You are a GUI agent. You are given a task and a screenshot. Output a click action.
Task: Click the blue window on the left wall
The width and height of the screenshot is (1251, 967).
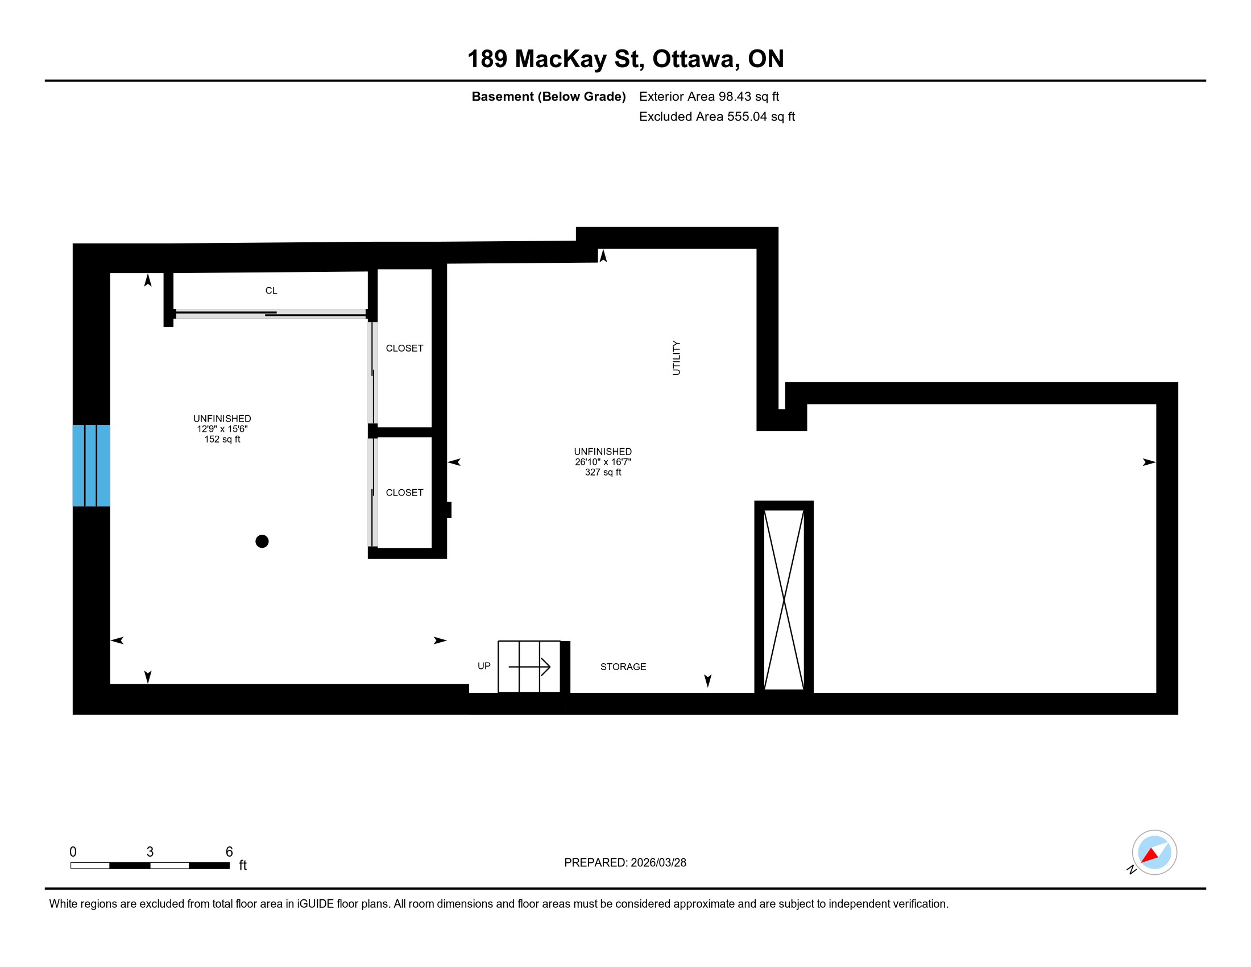(91, 465)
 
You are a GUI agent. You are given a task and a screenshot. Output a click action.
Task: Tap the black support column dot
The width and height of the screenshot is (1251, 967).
(262, 541)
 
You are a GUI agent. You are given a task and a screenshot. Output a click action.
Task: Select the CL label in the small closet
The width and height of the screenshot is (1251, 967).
(271, 291)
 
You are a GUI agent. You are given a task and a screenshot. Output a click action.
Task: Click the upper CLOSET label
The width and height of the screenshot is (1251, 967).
(404, 348)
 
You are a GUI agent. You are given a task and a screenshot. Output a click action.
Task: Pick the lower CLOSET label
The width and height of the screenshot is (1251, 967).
(404, 493)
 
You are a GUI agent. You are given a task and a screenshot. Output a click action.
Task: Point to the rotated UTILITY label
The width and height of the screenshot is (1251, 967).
(677, 358)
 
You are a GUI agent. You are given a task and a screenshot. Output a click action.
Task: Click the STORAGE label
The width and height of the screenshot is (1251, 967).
(623, 667)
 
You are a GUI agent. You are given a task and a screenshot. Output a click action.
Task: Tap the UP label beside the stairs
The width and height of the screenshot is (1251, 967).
(484, 666)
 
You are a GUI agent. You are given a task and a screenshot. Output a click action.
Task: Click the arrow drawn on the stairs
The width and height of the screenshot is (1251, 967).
(529, 667)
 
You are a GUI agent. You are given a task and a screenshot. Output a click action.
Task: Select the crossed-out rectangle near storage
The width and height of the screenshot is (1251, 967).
(784, 599)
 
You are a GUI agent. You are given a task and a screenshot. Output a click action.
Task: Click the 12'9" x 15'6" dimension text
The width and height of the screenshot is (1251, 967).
(222, 428)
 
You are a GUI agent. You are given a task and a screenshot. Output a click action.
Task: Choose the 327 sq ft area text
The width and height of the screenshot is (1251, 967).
(603, 472)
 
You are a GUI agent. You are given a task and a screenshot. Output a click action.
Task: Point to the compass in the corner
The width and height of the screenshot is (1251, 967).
(1154, 853)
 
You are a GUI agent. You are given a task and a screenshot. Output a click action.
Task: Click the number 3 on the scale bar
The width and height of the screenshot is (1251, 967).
(150, 852)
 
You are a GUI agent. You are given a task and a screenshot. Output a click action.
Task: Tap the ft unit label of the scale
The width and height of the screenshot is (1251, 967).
(243, 865)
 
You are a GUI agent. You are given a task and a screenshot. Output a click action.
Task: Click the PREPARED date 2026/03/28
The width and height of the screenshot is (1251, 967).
(658, 863)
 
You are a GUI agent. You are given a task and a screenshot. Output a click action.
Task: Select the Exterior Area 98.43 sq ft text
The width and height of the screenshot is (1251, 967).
(709, 96)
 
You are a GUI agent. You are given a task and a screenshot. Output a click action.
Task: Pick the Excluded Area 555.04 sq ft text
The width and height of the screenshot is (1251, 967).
(717, 116)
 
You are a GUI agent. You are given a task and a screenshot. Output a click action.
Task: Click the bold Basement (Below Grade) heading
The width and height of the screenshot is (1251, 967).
(549, 96)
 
